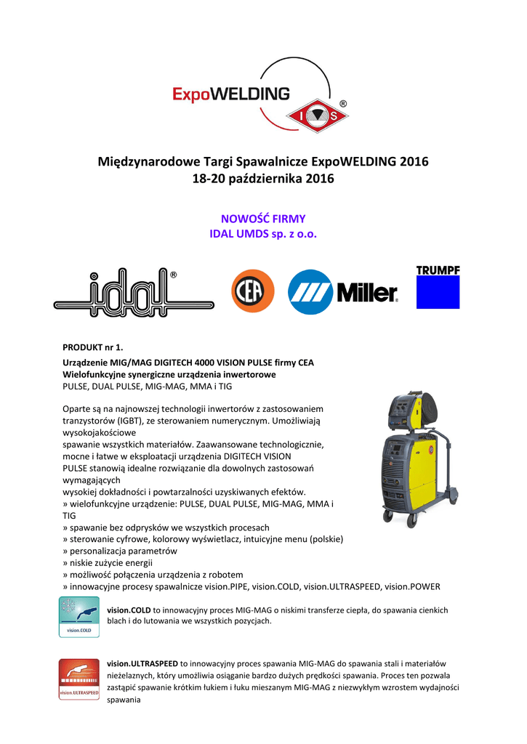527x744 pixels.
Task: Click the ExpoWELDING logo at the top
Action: coord(231,95)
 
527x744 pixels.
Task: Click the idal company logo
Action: coord(134,293)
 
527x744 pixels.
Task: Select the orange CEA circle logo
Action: coord(252,291)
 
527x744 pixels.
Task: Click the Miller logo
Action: coord(343,292)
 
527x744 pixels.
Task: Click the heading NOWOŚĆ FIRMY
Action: coord(263,219)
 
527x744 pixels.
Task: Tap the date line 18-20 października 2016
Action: coord(263,179)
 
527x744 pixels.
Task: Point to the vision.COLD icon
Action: coord(79,618)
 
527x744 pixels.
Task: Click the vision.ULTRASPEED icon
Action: coord(79,679)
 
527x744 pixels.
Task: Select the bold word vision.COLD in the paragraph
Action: coord(129,610)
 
